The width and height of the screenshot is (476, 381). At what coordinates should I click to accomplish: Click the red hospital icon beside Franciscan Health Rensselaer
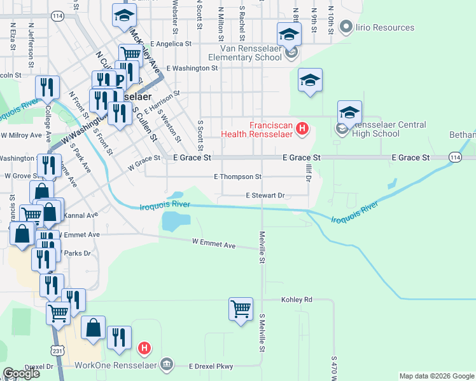coord(302,130)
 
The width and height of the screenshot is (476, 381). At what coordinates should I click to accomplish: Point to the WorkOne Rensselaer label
coord(115,365)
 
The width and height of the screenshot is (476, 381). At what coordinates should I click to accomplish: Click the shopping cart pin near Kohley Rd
coord(241,310)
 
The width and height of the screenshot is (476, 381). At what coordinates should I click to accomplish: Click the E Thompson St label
coord(237,177)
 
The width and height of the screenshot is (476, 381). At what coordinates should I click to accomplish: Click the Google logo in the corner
coord(21,373)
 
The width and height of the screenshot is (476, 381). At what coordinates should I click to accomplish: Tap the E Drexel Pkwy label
coord(211,366)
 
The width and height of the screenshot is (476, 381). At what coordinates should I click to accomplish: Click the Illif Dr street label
coord(308,171)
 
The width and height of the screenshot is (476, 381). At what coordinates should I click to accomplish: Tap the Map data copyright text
coord(436,376)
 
